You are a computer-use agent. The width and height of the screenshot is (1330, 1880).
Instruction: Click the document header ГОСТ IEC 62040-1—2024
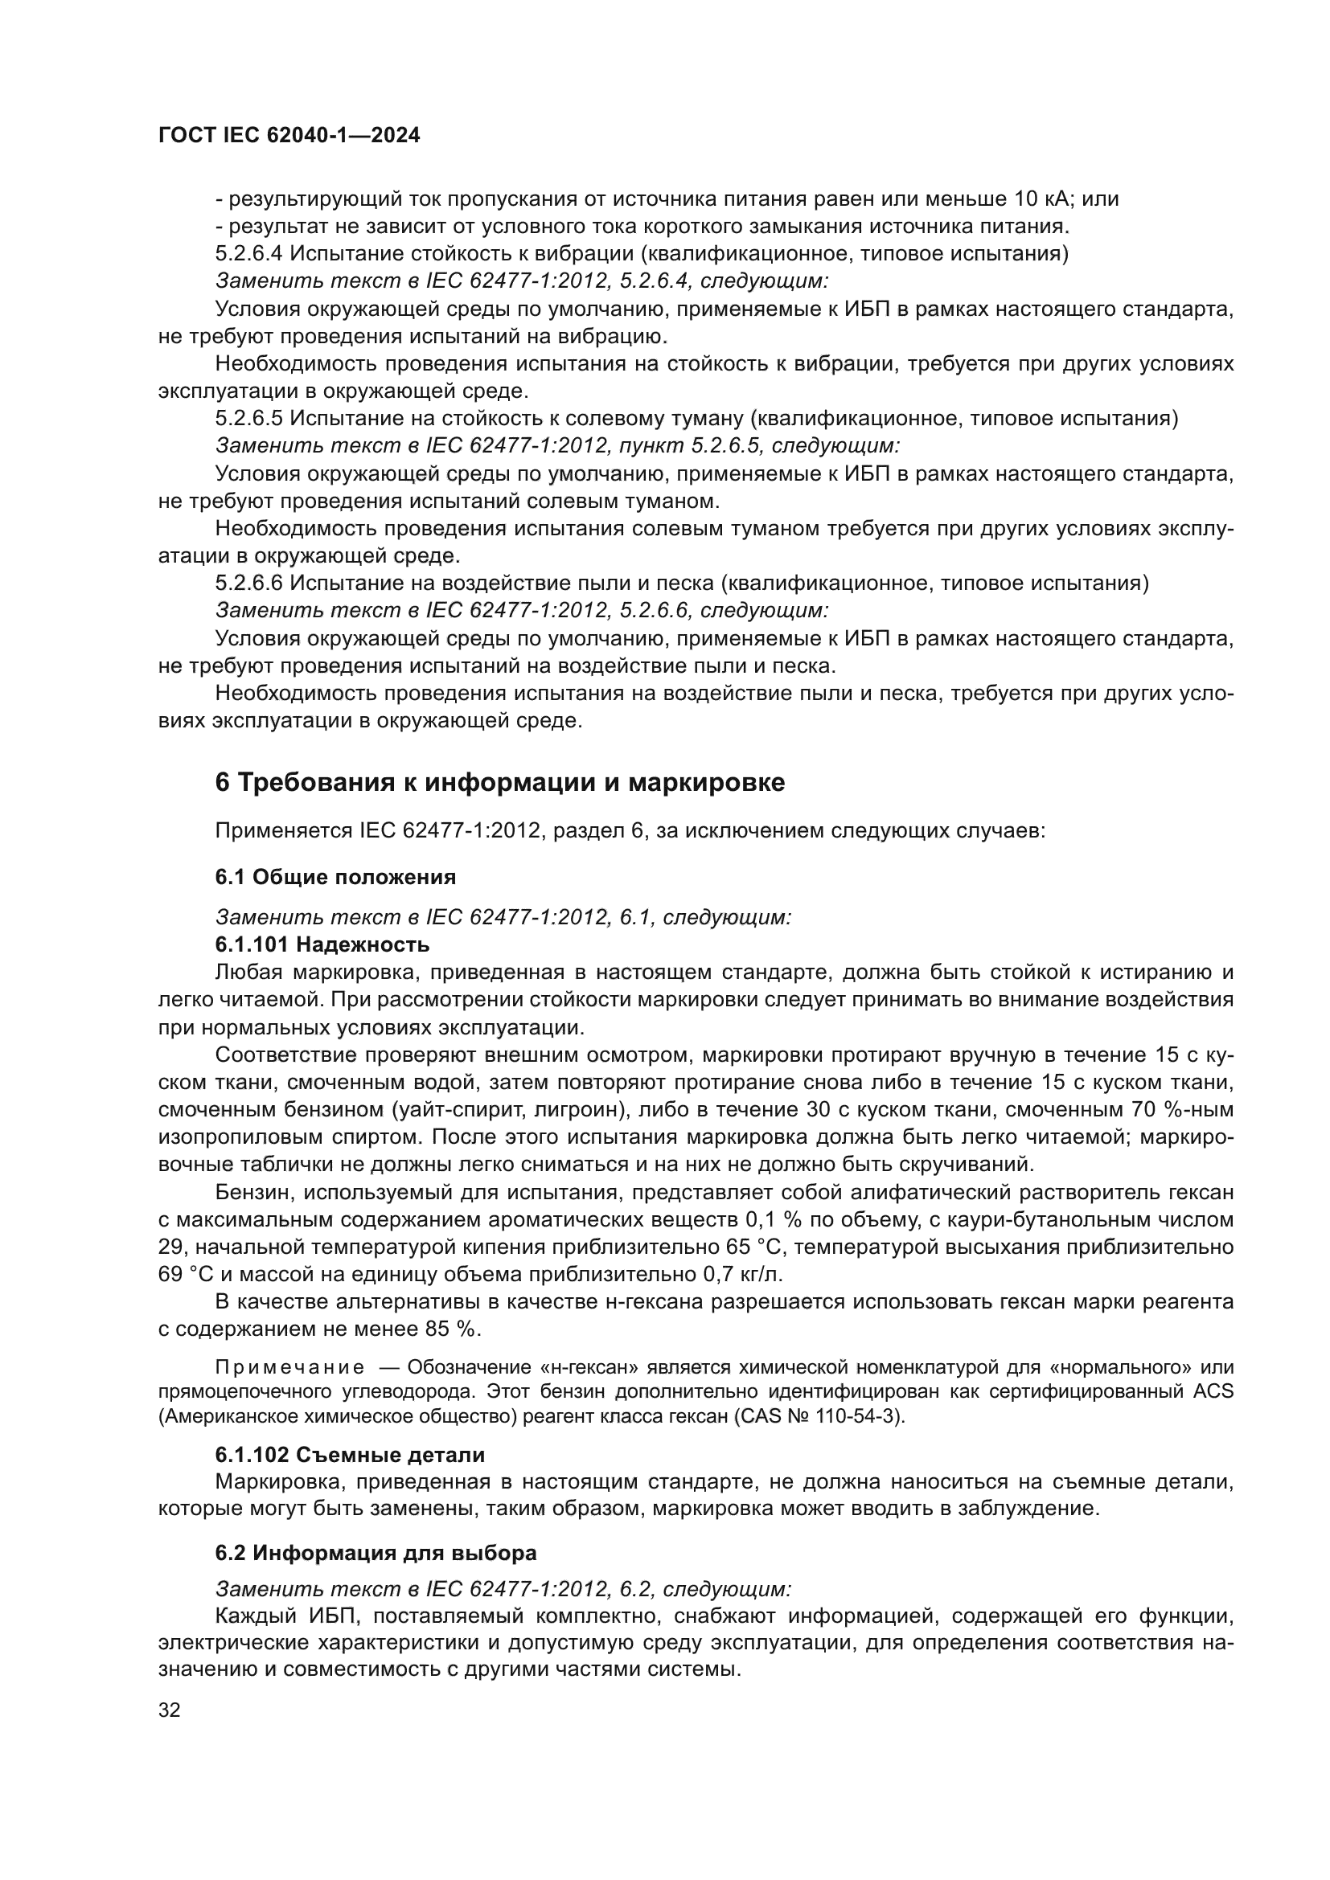pyautogui.click(x=289, y=136)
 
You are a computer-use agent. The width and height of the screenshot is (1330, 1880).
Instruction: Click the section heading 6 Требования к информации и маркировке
pyautogui.click(x=499, y=783)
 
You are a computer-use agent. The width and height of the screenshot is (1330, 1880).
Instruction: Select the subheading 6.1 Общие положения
pyautogui.click(x=335, y=877)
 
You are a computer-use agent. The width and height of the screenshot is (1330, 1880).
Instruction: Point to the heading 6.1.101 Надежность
pyautogui.click(x=322, y=945)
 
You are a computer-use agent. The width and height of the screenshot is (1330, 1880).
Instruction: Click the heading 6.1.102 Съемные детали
pyautogui.click(x=350, y=1455)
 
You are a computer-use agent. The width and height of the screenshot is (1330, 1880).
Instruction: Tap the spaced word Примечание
pyautogui.click(x=290, y=1366)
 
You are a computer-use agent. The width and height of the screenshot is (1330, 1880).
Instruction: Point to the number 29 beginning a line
pyautogui.click(x=171, y=1247)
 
